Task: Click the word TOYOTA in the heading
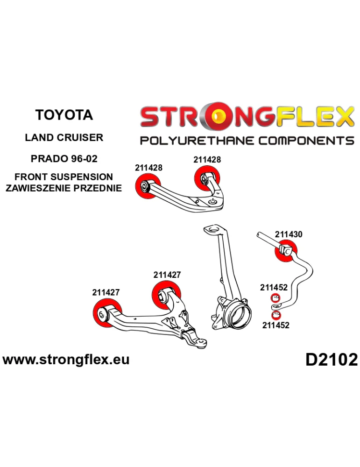[64, 115]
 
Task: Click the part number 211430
[289, 234]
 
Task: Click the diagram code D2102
[331, 359]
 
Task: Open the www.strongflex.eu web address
[66, 359]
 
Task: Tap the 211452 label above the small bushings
[274, 288]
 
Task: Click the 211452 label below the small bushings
[275, 325]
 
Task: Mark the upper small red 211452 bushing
[275, 298]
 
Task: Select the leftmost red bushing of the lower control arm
[107, 313]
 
